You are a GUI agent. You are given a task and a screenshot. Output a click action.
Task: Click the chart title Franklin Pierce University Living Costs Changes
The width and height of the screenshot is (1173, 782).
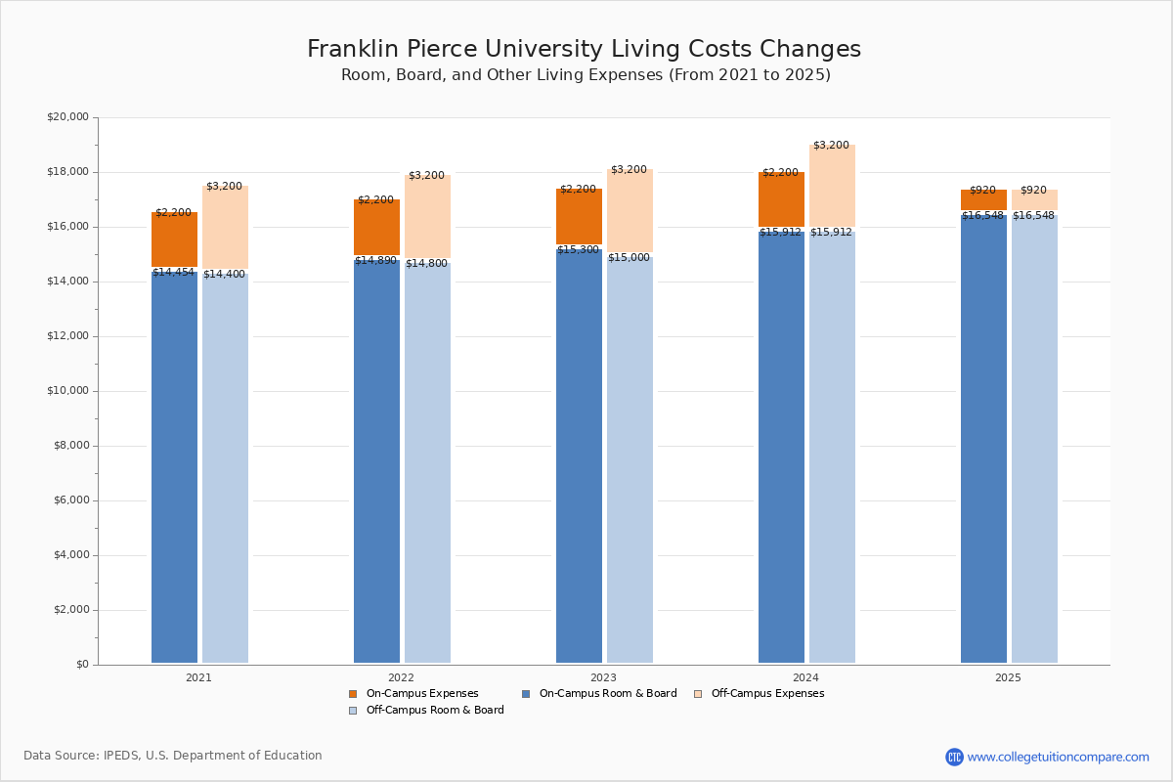coord(584,50)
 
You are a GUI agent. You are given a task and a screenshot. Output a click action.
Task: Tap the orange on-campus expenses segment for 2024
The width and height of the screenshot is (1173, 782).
coord(781,199)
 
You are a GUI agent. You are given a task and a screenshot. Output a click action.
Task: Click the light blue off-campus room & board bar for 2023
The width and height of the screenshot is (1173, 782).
coord(630,459)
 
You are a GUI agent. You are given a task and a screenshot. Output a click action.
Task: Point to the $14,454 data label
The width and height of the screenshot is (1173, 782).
coord(173,273)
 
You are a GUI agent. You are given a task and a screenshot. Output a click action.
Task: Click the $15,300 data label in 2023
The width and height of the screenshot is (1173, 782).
coord(578,250)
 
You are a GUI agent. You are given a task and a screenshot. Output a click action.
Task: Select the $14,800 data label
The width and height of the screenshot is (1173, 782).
coord(426,264)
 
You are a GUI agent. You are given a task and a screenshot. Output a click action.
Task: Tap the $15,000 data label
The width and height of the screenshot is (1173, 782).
coord(629,258)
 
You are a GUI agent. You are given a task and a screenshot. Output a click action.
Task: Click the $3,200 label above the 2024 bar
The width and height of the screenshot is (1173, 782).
coord(831,146)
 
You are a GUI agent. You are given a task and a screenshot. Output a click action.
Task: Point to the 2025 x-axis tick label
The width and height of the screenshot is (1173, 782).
coord(1008,677)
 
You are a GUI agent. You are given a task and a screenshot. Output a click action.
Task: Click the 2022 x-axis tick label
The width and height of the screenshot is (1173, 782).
coord(401,677)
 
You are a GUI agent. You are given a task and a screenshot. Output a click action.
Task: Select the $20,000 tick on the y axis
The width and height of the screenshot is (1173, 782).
coord(67,117)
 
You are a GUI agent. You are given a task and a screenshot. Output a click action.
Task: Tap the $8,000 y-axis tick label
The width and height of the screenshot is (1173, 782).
coord(70,446)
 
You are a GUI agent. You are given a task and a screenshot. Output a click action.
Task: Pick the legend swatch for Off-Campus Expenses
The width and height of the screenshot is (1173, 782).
coord(698,694)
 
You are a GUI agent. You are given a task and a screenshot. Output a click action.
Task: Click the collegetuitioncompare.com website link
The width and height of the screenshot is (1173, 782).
coord(1058,757)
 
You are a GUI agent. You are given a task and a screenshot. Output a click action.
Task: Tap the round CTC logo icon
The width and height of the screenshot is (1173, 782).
coord(954,757)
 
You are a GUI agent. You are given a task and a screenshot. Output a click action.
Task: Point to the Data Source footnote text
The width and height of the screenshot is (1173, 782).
coord(173,756)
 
